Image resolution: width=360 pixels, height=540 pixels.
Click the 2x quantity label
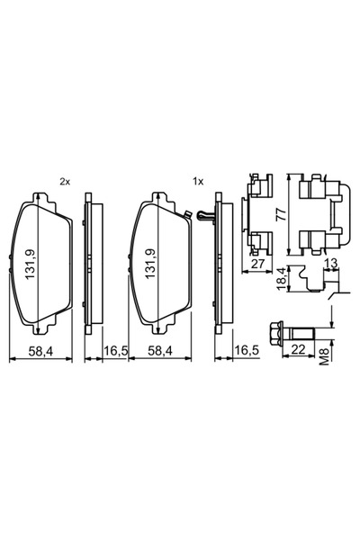[x=65, y=182]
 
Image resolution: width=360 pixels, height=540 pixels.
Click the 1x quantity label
[x=198, y=182]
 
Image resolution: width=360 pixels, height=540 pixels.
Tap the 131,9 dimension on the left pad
[x=31, y=264]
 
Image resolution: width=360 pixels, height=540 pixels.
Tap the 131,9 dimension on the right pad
[x=150, y=264]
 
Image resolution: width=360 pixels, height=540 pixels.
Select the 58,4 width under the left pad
[x=40, y=351]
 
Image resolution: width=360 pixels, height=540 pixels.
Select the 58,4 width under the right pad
[x=160, y=351]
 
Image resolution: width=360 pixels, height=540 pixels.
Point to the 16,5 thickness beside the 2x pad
[x=116, y=351]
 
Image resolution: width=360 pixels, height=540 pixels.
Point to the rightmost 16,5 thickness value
[x=247, y=351]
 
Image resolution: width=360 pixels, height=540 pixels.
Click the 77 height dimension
[x=282, y=214]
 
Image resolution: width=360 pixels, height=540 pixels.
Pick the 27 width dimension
[x=257, y=264]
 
